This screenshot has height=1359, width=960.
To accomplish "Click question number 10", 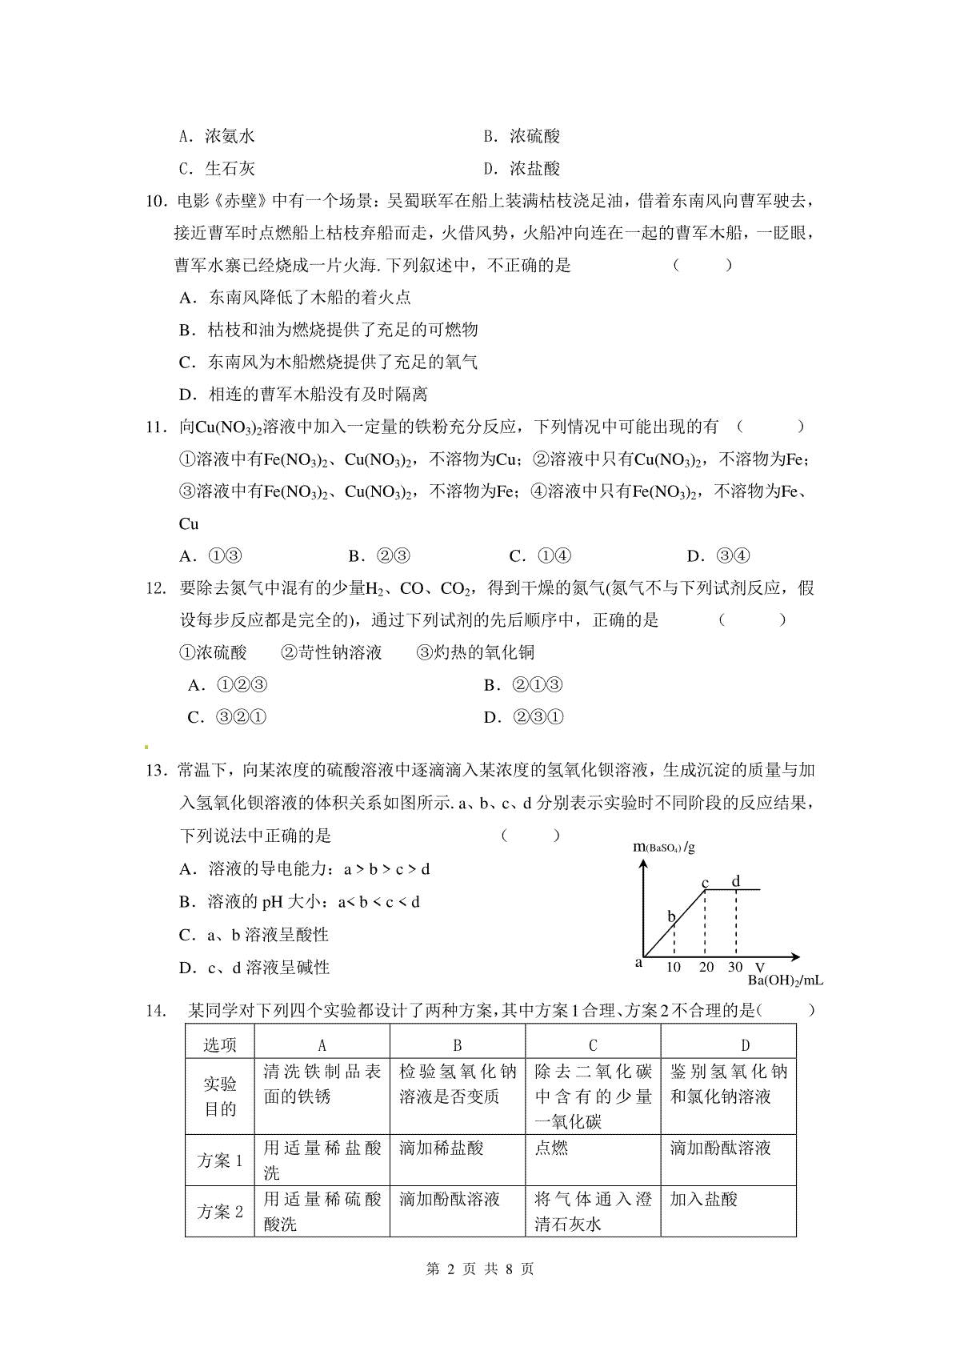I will tap(155, 201).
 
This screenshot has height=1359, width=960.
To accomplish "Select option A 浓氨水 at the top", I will tap(217, 136).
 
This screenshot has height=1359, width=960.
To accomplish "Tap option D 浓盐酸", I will tap(522, 169).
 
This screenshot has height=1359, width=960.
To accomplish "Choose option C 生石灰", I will tap(217, 169).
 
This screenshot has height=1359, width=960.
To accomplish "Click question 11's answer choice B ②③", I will tap(380, 556).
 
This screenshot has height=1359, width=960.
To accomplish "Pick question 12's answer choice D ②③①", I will tap(524, 717).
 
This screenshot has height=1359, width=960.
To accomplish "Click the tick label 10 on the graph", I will tap(674, 967).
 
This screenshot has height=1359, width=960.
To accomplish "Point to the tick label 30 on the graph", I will tap(735, 967).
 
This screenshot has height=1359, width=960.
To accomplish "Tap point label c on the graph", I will tap(706, 884).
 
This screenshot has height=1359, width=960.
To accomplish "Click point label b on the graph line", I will tap(671, 916).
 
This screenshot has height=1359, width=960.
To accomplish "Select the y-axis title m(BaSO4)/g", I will tap(664, 847).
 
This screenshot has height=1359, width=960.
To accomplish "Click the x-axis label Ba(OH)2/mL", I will tap(785, 980).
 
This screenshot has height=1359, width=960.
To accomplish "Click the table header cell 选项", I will tap(220, 1045).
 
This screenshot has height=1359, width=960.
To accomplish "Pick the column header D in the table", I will tap(745, 1045).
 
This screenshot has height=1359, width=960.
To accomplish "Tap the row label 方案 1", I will tap(220, 1161).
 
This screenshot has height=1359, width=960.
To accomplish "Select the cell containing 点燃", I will tap(551, 1148).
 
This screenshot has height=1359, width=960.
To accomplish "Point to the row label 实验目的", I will tap(220, 1096).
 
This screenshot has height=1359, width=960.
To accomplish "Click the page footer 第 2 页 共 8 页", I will tap(480, 1269).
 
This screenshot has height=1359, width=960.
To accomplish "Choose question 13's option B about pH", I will tap(300, 902).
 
